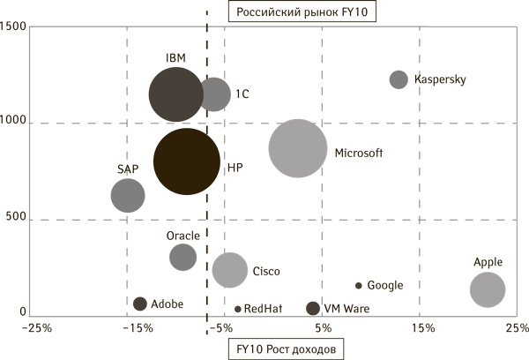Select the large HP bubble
coord(186,161)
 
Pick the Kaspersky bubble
coord(399,79)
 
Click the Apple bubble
coord(488,289)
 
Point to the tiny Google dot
coord(358,286)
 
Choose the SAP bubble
coord(128,195)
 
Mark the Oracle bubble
coord(183,257)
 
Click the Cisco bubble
coord(230,269)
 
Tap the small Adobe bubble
coord(139,304)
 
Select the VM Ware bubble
coord(312,308)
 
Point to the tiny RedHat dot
coord(238,309)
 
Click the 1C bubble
coord(213,94)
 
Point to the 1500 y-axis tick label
coord(13,27)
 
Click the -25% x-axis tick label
coord(37,329)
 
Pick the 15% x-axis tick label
coord(421,329)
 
